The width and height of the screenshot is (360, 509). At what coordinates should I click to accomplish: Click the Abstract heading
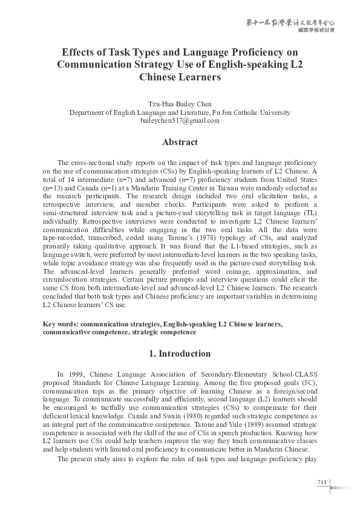[180, 142]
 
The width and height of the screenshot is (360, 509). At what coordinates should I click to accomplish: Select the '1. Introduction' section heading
[180, 354]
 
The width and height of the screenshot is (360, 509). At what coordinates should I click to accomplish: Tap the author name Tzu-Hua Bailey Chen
[180, 103]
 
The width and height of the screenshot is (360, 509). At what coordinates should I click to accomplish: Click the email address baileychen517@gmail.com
[180, 120]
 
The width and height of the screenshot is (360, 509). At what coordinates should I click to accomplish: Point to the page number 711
[321, 481]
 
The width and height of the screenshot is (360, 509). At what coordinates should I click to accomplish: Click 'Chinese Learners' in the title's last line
[180, 77]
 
